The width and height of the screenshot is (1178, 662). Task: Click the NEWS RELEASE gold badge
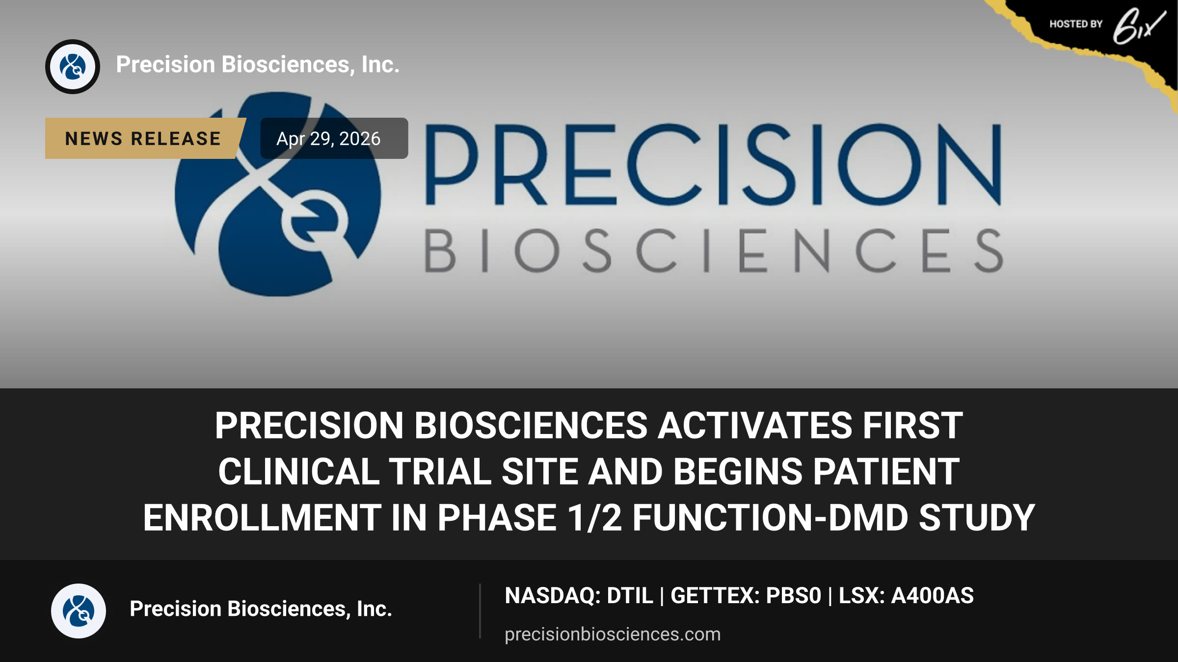145,138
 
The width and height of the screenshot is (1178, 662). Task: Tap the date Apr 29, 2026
328,139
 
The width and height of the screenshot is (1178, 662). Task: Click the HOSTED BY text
1076,24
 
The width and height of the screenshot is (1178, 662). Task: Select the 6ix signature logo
1138,26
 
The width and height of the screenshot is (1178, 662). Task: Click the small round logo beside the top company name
73,67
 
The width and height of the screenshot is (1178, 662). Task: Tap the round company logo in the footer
79,611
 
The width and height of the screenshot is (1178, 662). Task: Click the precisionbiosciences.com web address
613,634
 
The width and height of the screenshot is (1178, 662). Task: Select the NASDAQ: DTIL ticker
579,596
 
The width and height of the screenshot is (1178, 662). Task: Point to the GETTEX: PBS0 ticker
746,596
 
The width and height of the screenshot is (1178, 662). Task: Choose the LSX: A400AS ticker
906,596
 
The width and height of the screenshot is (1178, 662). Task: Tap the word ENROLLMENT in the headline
262,518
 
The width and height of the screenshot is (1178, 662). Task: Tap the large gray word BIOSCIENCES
713,250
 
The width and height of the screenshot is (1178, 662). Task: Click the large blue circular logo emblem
278,194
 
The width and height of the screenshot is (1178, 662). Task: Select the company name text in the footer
261,609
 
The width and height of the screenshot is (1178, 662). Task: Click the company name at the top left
258,64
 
